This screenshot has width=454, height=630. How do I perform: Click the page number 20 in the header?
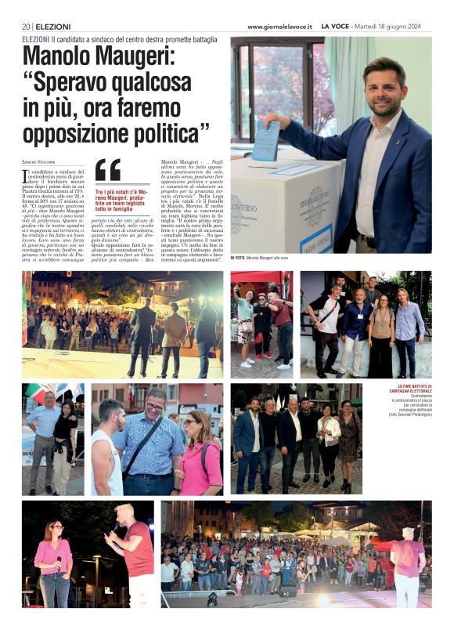click(26, 27)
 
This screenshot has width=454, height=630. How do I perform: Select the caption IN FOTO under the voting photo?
click(237, 258)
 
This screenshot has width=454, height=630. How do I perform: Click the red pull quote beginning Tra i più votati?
click(123, 201)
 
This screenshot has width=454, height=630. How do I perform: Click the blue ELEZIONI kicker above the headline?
click(36, 38)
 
